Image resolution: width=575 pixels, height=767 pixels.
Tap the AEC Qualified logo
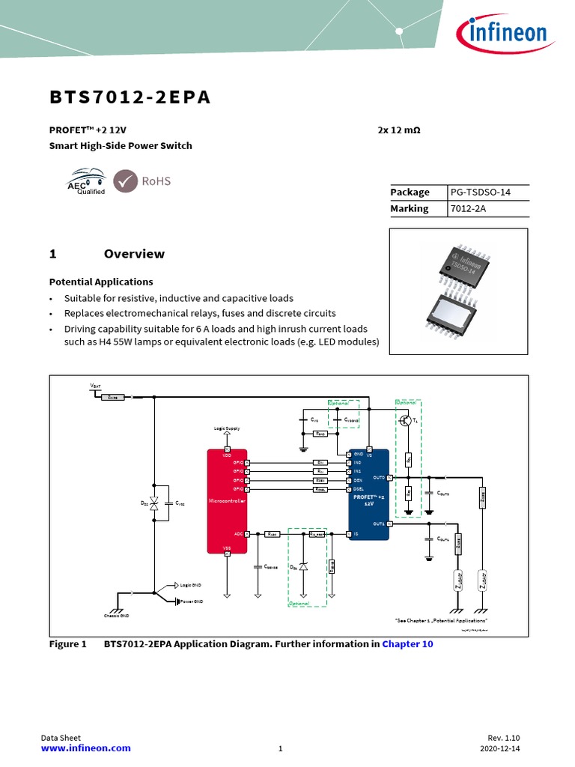(86, 181)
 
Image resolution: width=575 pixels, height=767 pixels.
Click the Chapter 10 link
(407, 643)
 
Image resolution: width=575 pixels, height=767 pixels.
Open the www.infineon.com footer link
(85, 748)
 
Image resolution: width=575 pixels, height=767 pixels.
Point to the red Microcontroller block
(227, 500)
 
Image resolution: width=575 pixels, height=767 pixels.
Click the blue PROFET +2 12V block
(368, 498)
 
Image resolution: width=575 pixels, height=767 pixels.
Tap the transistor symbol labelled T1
(407, 421)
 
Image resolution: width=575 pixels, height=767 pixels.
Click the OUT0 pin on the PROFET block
(379, 477)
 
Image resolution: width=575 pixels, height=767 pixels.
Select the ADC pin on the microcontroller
(237, 534)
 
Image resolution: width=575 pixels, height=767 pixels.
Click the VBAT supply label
(96, 386)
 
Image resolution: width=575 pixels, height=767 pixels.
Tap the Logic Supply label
(227, 429)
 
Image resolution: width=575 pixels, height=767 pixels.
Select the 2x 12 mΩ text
(399, 130)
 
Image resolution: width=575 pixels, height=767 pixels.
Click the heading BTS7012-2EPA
(130, 98)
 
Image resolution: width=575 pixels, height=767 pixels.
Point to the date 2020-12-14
(500, 748)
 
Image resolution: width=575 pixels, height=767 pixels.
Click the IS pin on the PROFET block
(356, 534)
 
